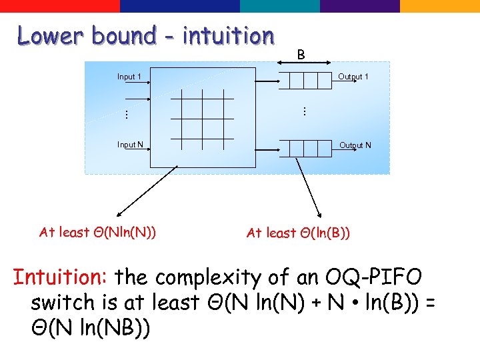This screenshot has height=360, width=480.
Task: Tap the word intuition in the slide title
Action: (228, 35)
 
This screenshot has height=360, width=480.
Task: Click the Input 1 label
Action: (129, 77)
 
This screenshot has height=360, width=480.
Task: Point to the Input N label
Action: (130, 145)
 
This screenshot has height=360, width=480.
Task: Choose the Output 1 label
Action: (353, 77)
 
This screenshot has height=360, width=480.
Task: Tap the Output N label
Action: (355, 145)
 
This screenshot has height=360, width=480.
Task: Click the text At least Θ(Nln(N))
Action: (98, 232)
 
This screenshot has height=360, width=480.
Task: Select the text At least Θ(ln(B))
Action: (299, 233)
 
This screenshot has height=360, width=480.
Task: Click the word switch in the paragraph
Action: (63, 303)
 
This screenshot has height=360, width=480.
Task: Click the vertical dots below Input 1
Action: (126, 114)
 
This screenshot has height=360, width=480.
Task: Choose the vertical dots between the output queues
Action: (304, 111)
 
